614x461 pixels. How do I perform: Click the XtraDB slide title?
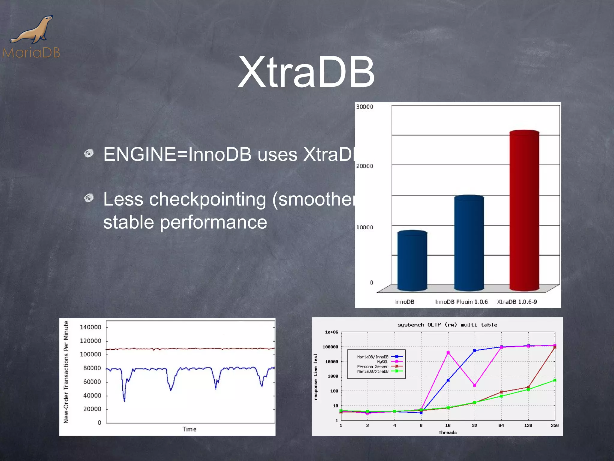click(x=306, y=72)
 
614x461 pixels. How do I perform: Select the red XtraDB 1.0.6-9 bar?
click(x=524, y=210)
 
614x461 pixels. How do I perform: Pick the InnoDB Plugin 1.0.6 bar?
click(x=469, y=243)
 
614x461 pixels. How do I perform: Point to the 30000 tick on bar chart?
click(x=365, y=107)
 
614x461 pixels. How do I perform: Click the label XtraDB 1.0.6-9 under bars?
click(x=517, y=302)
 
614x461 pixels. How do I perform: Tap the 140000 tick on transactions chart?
click(x=90, y=327)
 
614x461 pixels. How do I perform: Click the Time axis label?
click(x=189, y=429)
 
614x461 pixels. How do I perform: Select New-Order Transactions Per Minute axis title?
click(x=66, y=372)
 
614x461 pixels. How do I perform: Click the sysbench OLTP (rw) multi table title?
click(x=447, y=325)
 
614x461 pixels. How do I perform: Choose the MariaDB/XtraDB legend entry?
click(x=373, y=371)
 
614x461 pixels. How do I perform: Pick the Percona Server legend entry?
click(x=373, y=366)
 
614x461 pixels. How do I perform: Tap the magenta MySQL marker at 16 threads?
click(x=448, y=353)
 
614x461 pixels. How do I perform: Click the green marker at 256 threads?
click(x=555, y=380)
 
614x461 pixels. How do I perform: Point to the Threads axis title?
click(x=448, y=432)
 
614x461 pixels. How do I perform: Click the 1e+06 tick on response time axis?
click(x=331, y=332)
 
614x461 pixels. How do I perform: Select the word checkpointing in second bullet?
click(x=207, y=200)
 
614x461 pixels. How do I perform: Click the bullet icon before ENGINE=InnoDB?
click(x=89, y=153)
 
